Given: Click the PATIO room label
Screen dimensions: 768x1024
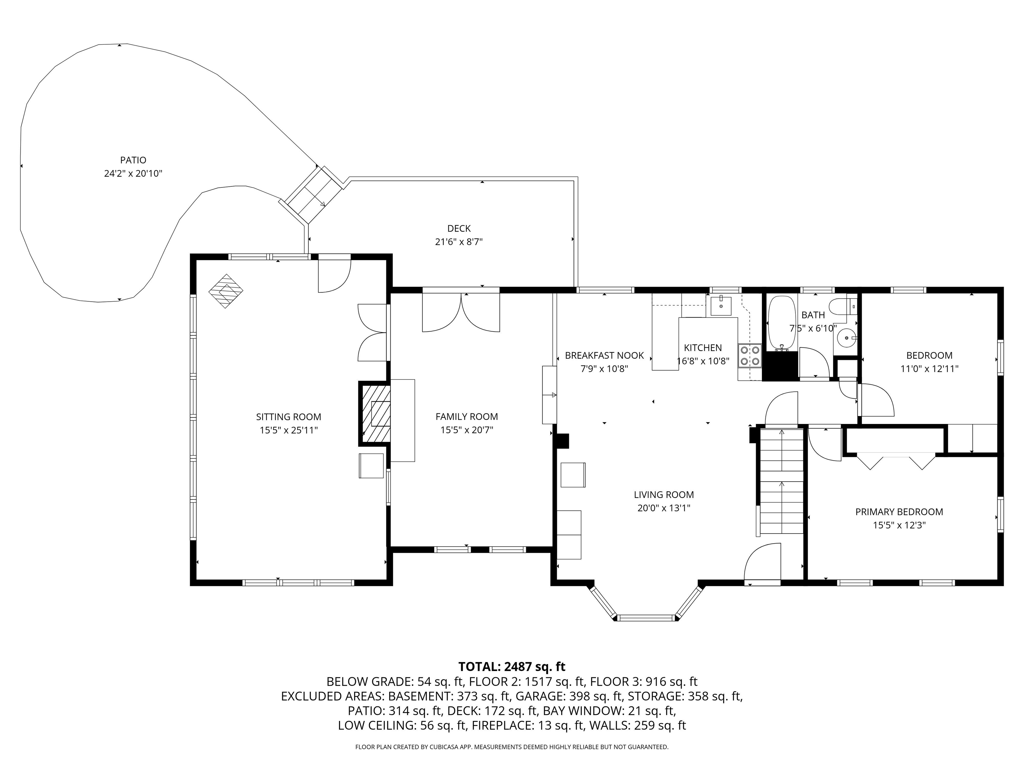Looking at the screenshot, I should pos(133,160).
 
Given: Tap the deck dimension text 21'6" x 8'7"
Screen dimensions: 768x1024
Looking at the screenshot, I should pos(458,242).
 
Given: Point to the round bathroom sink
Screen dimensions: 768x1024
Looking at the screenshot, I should pos(846,338).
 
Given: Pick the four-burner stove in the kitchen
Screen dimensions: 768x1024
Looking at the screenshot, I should pos(749,356).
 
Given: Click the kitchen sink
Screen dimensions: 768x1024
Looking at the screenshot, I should pos(721,306).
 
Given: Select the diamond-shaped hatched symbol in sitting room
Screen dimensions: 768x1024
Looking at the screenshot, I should pos(225,291).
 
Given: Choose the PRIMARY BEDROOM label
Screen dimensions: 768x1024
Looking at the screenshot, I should pos(899,512).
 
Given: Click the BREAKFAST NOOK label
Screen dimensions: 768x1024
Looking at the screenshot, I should pos(604,356).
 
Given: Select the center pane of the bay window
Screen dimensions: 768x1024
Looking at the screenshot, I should pos(647,618).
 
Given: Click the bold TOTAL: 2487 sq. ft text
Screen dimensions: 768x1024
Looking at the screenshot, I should pos(512,667).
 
